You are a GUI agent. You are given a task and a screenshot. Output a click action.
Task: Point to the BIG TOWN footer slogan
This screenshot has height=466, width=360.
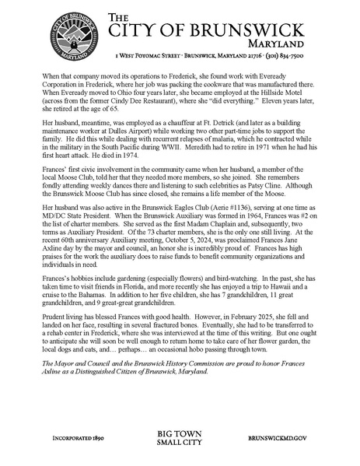coord(180,434)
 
